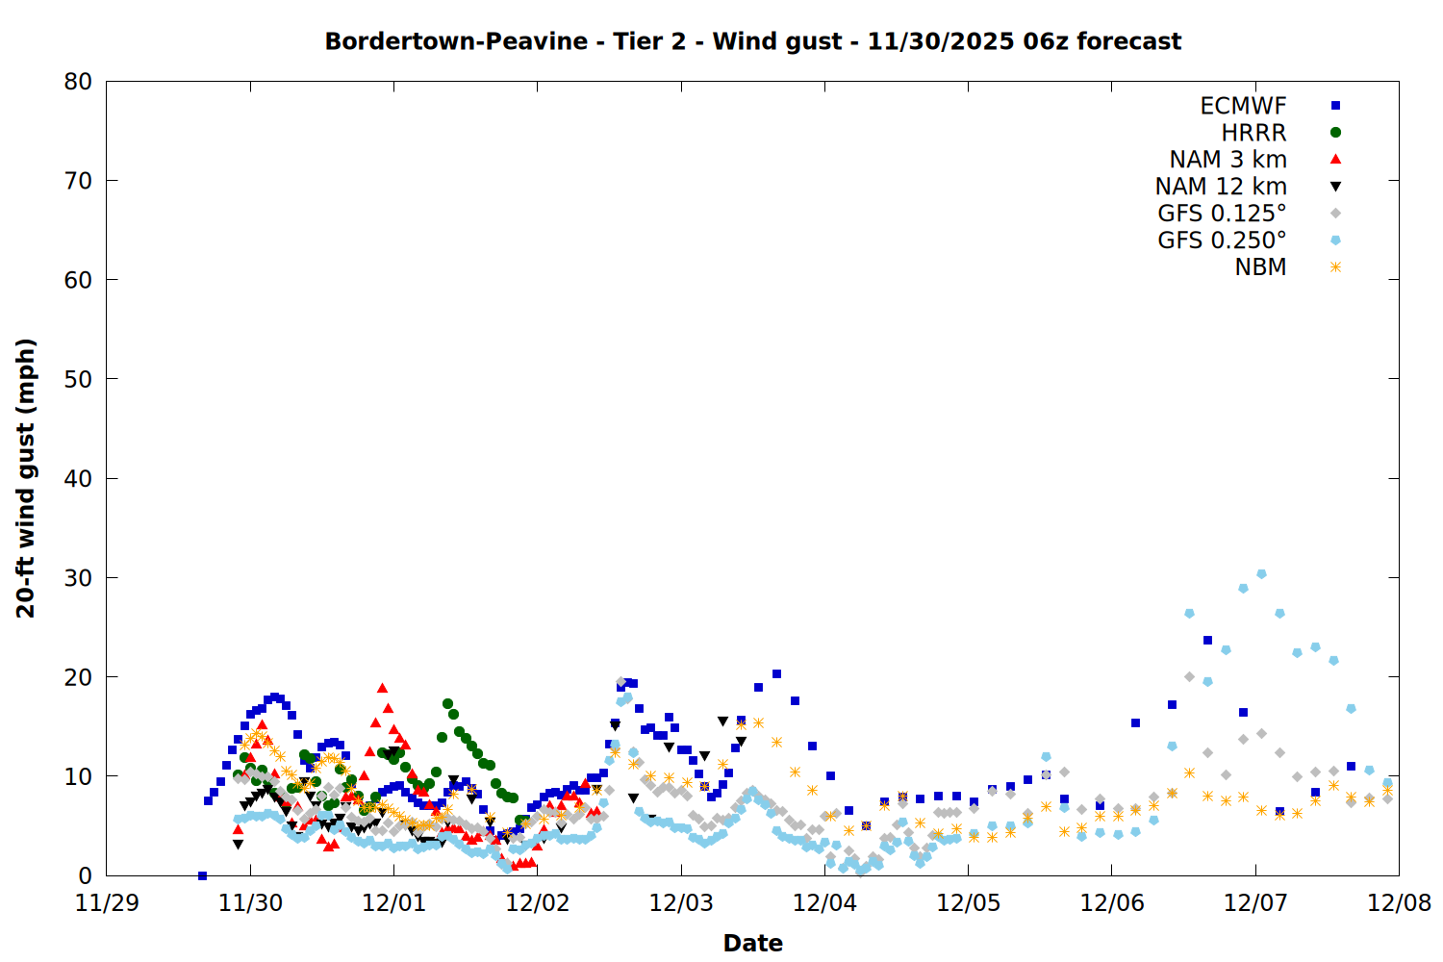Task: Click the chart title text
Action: coord(752,41)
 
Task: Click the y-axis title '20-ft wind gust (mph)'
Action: coord(26,478)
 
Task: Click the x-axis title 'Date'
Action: coord(752,943)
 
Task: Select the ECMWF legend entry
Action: coord(1243,106)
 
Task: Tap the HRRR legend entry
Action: coord(1253,133)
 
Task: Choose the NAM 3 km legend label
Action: coord(1228,160)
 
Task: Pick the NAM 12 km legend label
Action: coord(1221,187)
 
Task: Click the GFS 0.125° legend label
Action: coord(1222,214)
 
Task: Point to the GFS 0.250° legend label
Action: coord(1222,240)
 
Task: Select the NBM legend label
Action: coord(1260,267)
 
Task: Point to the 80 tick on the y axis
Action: coord(78,82)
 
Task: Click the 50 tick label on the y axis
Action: coord(78,379)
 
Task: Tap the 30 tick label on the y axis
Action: coord(78,578)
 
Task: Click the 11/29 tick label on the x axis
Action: coord(106,903)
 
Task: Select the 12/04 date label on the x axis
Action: coord(824,903)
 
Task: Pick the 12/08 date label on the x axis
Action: coord(1399,903)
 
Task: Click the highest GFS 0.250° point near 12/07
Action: coord(1261,573)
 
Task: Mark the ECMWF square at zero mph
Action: coord(202,875)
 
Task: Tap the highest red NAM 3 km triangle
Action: coord(382,688)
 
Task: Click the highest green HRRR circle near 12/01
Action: coord(447,703)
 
